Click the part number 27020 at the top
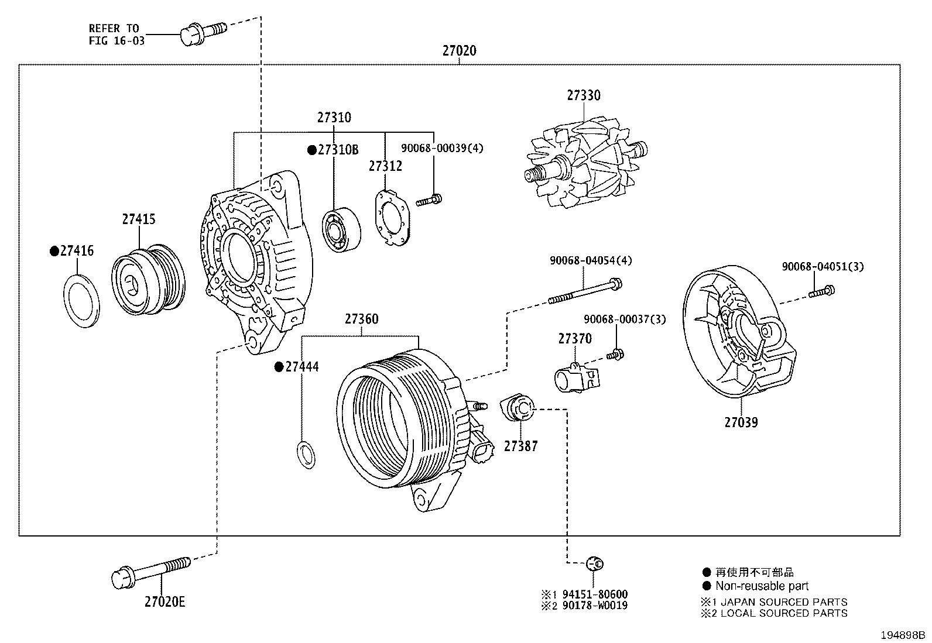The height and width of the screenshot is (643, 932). (x=459, y=51)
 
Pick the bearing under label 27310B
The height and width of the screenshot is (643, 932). (x=341, y=229)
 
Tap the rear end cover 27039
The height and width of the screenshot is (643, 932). (x=739, y=333)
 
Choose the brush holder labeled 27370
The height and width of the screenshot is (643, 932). (x=576, y=376)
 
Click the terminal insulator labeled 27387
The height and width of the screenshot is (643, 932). (x=518, y=407)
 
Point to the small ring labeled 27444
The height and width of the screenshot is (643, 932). (x=306, y=455)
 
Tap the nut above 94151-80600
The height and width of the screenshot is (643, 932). (x=595, y=564)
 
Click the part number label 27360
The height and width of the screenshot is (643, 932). (x=361, y=319)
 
